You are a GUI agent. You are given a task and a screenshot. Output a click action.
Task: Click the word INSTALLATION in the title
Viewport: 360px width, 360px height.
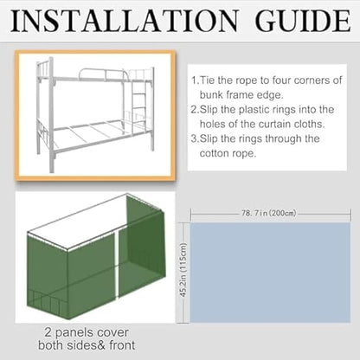point(131,21)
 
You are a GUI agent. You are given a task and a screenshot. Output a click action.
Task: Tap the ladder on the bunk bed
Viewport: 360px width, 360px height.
point(138,101)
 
